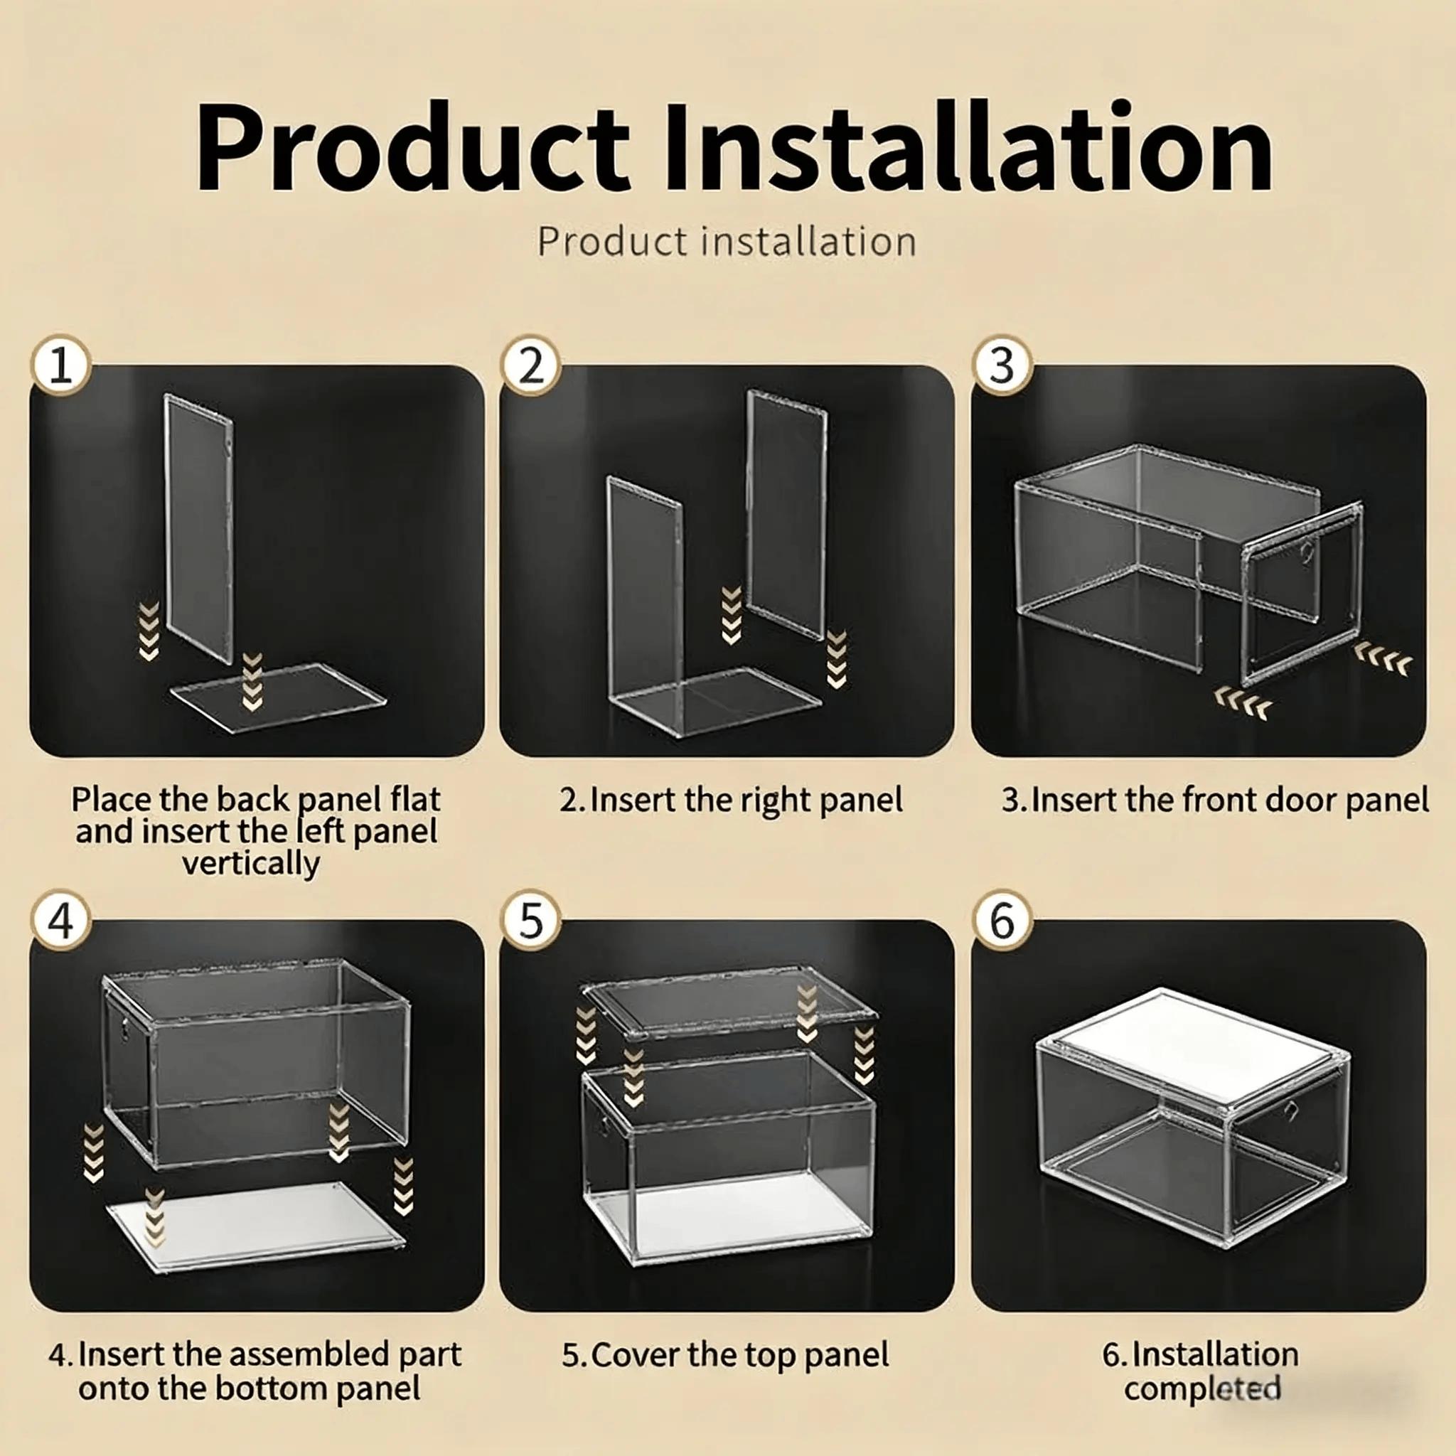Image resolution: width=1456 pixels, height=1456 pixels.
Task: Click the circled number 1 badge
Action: coord(61,365)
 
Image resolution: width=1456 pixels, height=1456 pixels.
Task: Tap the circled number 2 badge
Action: coord(531,365)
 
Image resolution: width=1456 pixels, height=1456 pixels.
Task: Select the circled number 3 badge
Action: coord(1002,365)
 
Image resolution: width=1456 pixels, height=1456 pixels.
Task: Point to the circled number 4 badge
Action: coord(61,920)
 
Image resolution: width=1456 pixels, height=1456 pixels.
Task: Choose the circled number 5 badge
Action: coord(531,920)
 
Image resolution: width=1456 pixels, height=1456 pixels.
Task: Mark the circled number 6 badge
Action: coord(1002,920)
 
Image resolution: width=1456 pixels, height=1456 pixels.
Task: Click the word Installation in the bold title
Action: coord(968,149)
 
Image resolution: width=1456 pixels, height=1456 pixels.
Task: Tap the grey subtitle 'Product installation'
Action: coord(727,242)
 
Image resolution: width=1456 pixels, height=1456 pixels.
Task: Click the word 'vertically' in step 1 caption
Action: coord(252,864)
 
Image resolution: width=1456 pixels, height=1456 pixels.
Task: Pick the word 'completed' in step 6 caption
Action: coord(1203,1389)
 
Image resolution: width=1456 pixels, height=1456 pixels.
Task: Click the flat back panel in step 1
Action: coord(278,696)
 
